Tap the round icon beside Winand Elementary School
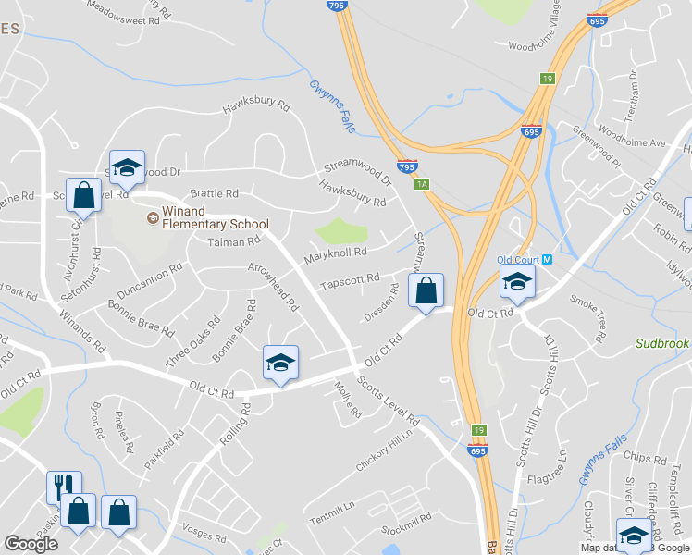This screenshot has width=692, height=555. (x=152, y=218)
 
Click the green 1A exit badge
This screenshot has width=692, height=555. (x=422, y=184)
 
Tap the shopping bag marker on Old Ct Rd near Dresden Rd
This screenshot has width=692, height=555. (x=426, y=291)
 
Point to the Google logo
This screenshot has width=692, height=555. (x=31, y=544)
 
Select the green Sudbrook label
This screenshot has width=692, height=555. (x=663, y=343)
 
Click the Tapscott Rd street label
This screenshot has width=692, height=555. (x=350, y=278)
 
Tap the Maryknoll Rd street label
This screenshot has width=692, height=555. (x=338, y=252)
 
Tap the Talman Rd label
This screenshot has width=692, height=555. (x=235, y=242)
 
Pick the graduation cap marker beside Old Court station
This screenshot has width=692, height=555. (x=517, y=285)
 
